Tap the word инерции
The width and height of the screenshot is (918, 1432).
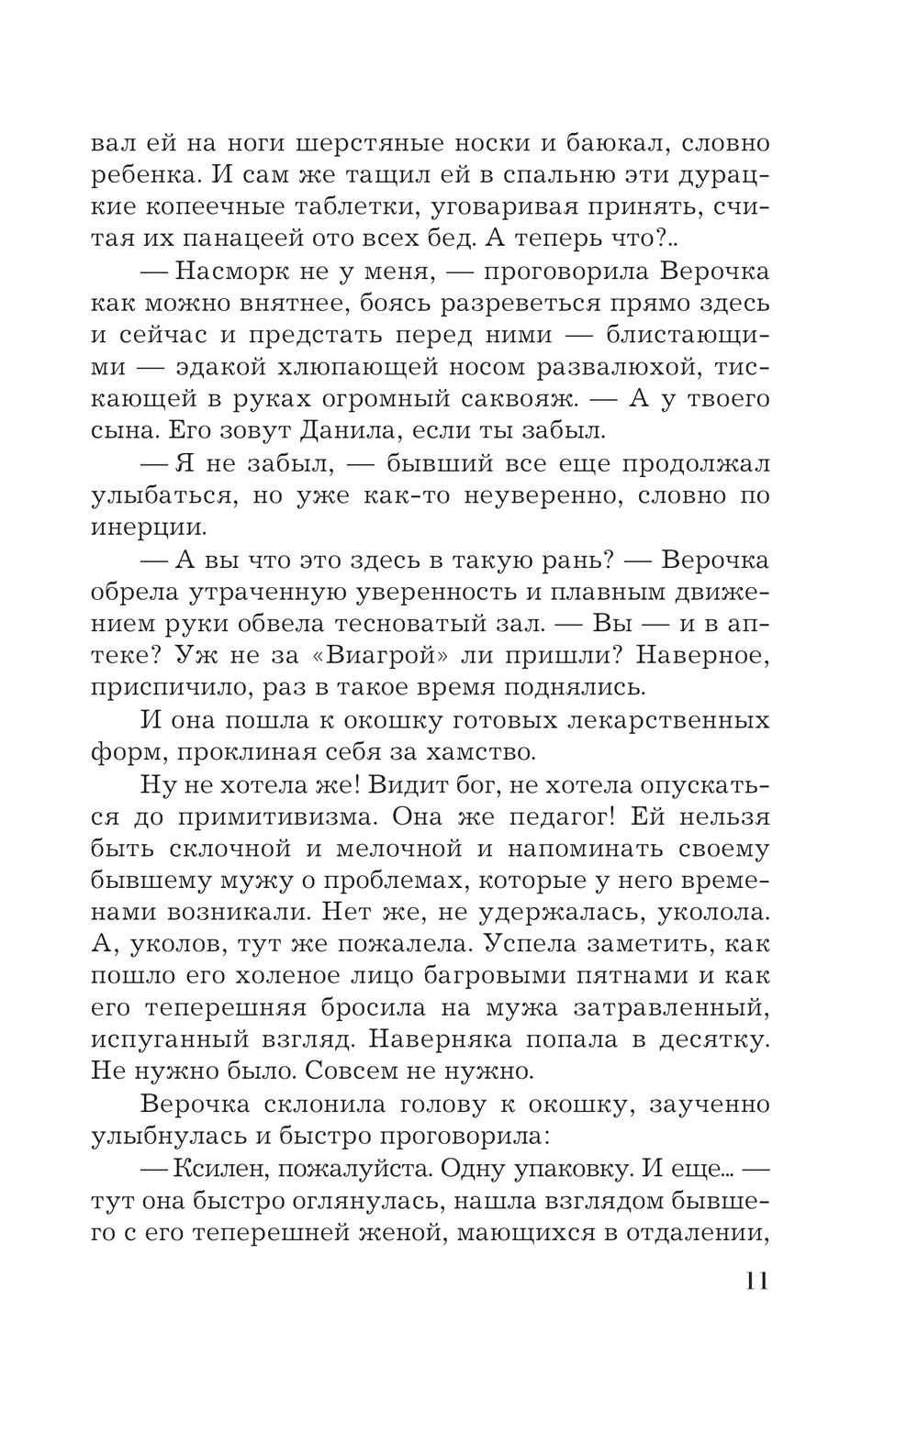coord(149,527)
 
